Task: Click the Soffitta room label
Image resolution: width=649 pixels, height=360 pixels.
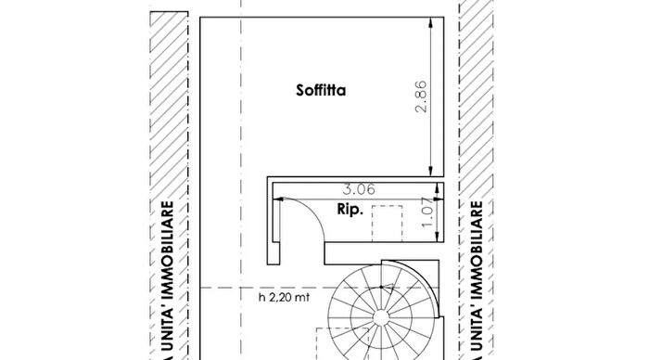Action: pyautogui.click(x=321, y=90)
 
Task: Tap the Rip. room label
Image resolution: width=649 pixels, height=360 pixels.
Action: pyautogui.click(x=350, y=209)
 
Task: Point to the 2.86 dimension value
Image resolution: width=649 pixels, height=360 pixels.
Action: pyautogui.click(x=421, y=96)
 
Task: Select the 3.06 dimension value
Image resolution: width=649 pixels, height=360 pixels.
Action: pyautogui.click(x=359, y=189)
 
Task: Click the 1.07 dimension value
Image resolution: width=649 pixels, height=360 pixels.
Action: pyautogui.click(x=427, y=212)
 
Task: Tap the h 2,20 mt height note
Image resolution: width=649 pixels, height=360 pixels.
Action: pyautogui.click(x=284, y=297)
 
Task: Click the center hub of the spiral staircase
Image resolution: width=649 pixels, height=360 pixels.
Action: pyautogui.click(x=381, y=317)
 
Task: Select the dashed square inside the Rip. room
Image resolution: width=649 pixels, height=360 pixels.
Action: pyautogui.click(x=387, y=224)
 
